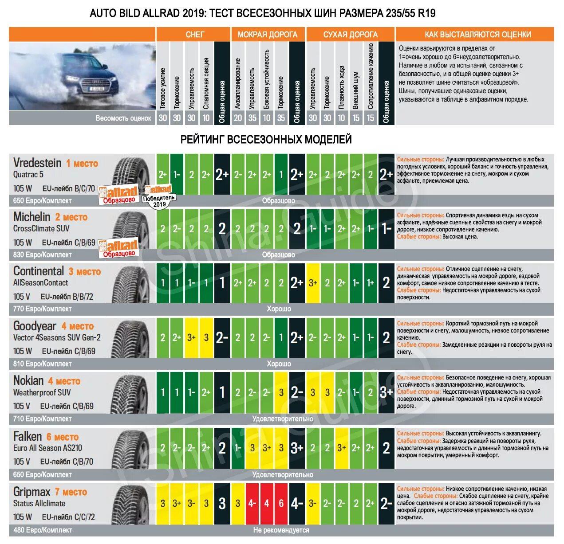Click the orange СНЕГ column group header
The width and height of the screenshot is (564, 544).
(193, 34)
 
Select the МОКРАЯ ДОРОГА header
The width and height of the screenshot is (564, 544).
(268, 34)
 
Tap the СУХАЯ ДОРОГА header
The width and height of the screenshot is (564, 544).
(350, 34)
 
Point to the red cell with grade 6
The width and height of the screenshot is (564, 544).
(281, 503)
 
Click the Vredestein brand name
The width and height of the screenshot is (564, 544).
(37, 163)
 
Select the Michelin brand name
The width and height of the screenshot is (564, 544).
(32, 217)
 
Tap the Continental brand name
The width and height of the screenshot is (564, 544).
(39, 271)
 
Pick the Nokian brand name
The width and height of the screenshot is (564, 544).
(28, 380)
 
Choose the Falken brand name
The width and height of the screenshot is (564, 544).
(28, 436)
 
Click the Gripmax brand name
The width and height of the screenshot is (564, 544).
(32, 492)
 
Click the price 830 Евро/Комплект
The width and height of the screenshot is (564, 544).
(42, 254)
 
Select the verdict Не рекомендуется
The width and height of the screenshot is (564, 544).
(281, 530)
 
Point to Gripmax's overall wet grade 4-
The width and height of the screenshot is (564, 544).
(297, 503)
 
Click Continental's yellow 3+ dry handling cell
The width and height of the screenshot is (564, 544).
(313, 282)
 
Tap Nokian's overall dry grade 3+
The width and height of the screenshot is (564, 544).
(386, 392)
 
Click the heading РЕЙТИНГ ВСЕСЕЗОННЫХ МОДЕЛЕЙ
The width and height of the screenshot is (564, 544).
(266, 139)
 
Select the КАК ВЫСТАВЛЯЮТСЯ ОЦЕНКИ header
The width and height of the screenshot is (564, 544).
(474, 34)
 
